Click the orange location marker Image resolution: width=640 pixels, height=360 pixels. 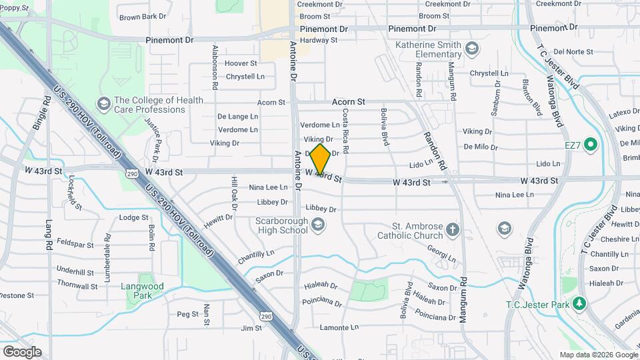pyautogui.click(x=320, y=159)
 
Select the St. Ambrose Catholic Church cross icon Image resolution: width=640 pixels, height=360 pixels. pyautogui.click(x=453, y=230)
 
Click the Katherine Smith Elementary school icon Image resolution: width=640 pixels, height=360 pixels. pyautogui.click(x=472, y=48)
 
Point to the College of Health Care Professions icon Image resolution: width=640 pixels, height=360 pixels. pyautogui.click(x=103, y=103)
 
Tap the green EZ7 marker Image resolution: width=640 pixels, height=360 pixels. pyautogui.click(x=590, y=144)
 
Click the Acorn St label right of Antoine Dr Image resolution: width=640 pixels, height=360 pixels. pyautogui.click(x=349, y=102)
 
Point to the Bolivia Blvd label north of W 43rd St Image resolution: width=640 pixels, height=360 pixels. pyautogui.click(x=385, y=127)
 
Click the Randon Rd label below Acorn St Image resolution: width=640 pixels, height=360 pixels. pyautogui.click(x=429, y=146)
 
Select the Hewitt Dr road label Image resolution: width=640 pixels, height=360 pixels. pyautogui.click(x=219, y=221)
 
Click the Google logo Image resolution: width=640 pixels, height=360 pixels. pyautogui.click(x=21, y=351)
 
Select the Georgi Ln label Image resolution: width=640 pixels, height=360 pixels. pyautogui.click(x=442, y=255)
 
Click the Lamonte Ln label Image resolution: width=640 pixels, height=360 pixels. pyautogui.click(x=339, y=327)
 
